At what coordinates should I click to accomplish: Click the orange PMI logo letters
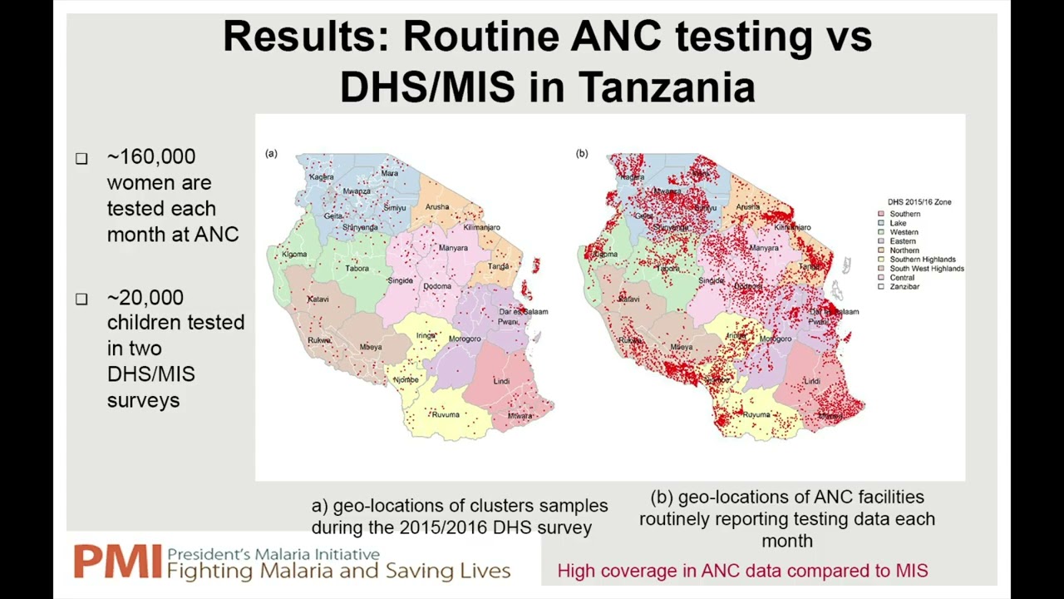116,562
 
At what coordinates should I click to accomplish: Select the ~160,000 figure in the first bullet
151,156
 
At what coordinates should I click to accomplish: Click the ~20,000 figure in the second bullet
145,297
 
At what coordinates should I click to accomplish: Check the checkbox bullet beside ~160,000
81,158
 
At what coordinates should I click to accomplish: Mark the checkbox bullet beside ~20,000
81,299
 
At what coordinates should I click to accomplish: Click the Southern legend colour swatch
881,214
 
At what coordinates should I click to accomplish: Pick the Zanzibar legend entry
904,286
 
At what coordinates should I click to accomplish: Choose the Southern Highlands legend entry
923,260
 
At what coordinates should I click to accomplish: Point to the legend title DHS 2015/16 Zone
919,202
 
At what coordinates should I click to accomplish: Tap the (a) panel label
271,153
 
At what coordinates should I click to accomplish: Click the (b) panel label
582,153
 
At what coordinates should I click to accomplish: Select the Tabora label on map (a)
357,269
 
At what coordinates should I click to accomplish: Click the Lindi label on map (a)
501,381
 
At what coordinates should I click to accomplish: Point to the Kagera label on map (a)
321,177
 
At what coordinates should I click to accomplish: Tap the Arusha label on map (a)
436,207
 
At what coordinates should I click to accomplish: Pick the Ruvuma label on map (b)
756,414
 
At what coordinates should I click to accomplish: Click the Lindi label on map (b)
812,381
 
